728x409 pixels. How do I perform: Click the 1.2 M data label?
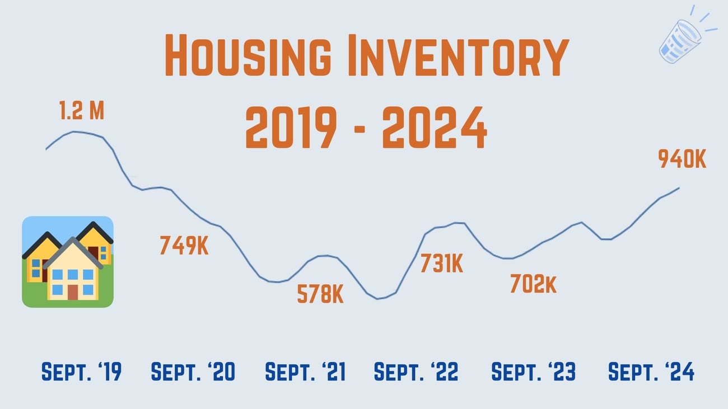coord(82,111)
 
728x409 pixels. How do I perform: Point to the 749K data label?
coord(184,246)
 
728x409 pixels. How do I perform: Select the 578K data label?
coord(320,294)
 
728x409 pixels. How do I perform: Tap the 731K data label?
coord(442,263)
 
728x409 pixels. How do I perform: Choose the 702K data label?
coord(533,284)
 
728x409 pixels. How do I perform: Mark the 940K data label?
coord(682,160)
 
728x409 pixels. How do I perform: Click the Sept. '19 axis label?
coord(82,372)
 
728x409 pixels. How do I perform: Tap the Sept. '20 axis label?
coord(194,372)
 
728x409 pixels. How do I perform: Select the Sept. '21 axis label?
coord(305,372)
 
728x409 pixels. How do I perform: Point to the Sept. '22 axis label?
coord(416,372)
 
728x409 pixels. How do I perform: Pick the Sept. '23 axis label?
coord(533,372)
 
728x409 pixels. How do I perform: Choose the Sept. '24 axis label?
coord(651,372)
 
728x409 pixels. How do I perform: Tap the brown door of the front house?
coord(73,292)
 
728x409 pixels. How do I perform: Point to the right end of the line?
coord(679,188)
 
